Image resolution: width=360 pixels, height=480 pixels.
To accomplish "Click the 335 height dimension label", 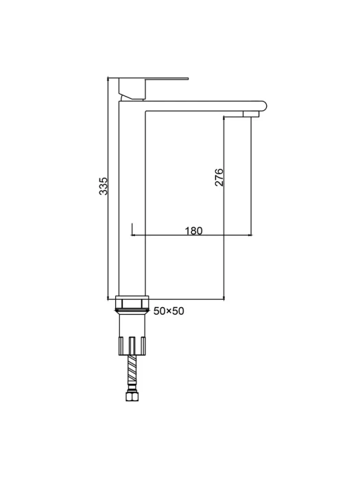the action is (104, 186).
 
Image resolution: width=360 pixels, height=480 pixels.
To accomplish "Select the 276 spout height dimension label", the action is (219, 177).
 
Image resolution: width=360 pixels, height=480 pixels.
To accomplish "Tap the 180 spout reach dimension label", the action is (194, 230).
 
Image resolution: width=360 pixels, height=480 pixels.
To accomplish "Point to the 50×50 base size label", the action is (169, 311).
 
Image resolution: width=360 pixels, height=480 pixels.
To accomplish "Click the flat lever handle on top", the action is (153, 78).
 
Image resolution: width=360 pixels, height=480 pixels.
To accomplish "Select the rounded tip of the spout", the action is (263, 106).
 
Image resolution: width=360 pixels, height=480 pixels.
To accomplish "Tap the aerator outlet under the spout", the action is (251, 114).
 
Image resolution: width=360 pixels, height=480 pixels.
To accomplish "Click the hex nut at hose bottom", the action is (132, 397).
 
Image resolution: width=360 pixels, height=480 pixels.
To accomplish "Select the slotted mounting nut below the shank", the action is (132, 346).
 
